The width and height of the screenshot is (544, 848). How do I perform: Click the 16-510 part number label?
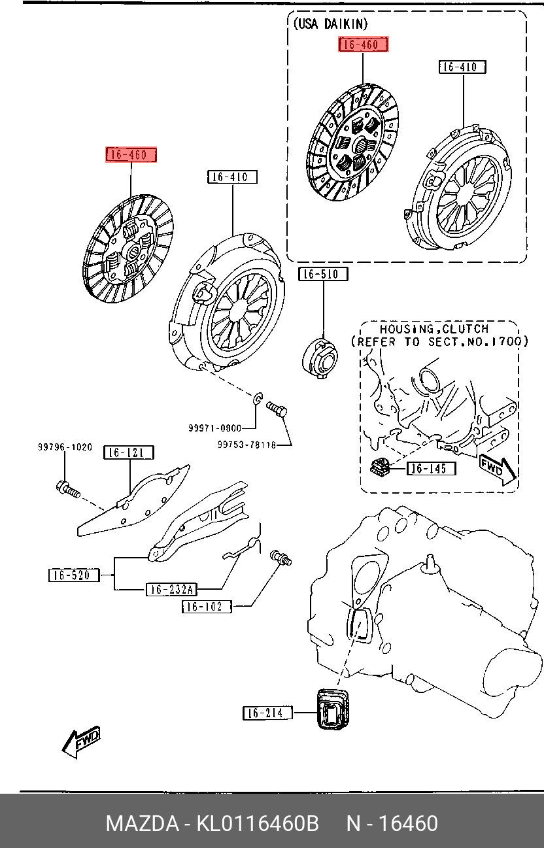323,274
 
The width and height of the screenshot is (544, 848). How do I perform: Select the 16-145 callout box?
432,468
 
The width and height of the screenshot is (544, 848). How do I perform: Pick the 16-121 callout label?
128,452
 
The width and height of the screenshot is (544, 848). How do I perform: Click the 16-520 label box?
73,575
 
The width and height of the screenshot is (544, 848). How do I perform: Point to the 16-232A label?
170,589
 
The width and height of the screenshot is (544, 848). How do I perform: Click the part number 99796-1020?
65,448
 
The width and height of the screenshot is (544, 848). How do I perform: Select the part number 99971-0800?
214,428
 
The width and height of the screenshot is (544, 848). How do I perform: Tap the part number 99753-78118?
246,445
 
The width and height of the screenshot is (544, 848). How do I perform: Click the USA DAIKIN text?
331,24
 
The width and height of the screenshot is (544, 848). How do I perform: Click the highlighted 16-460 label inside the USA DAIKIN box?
363,44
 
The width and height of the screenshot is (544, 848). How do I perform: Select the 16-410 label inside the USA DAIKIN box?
462,67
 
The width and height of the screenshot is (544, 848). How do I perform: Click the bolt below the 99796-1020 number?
67,489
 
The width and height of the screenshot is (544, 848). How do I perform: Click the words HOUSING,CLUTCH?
433,329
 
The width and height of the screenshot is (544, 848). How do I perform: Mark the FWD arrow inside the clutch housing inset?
497,468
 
